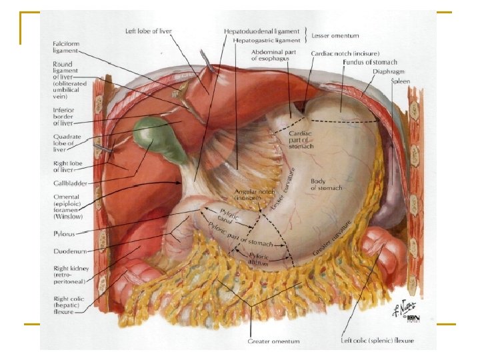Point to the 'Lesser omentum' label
click(x=336, y=35)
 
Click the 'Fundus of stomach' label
click(x=369, y=62)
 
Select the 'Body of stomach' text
click(x=326, y=184)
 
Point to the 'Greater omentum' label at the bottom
click(x=273, y=341)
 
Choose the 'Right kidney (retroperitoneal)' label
click(x=69, y=275)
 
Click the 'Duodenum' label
click(x=69, y=251)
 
